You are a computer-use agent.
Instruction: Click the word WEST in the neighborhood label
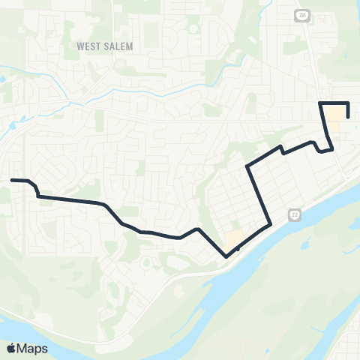pos(88,46)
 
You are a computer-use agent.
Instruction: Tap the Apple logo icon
pos(11,348)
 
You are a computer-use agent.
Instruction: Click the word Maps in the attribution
pos(33,348)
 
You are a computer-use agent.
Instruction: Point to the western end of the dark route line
pos(11,180)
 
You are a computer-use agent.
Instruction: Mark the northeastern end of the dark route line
pos(348,116)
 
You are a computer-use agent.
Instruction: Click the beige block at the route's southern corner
pos(234,239)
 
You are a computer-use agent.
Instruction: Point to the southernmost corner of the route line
pos(226,256)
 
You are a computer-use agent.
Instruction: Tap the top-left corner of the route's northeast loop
pos(321,102)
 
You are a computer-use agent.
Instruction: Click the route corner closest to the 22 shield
pos(269,223)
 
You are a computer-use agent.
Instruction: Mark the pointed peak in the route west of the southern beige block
pos(196,229)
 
